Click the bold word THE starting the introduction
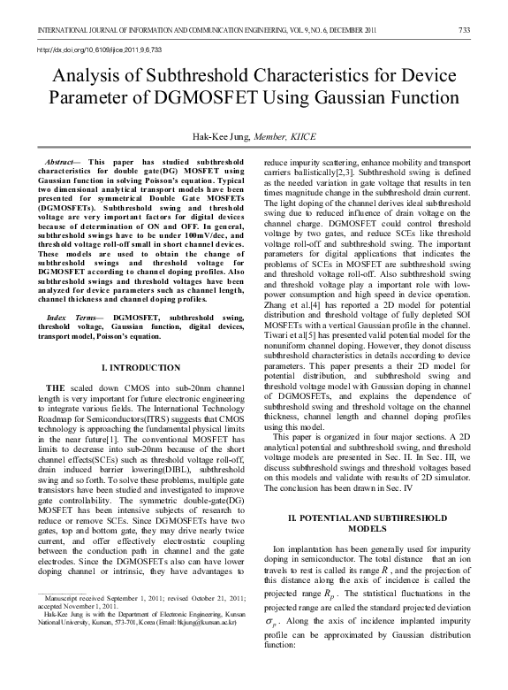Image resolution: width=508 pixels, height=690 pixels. pyautogui.click(x=55, y=388)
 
